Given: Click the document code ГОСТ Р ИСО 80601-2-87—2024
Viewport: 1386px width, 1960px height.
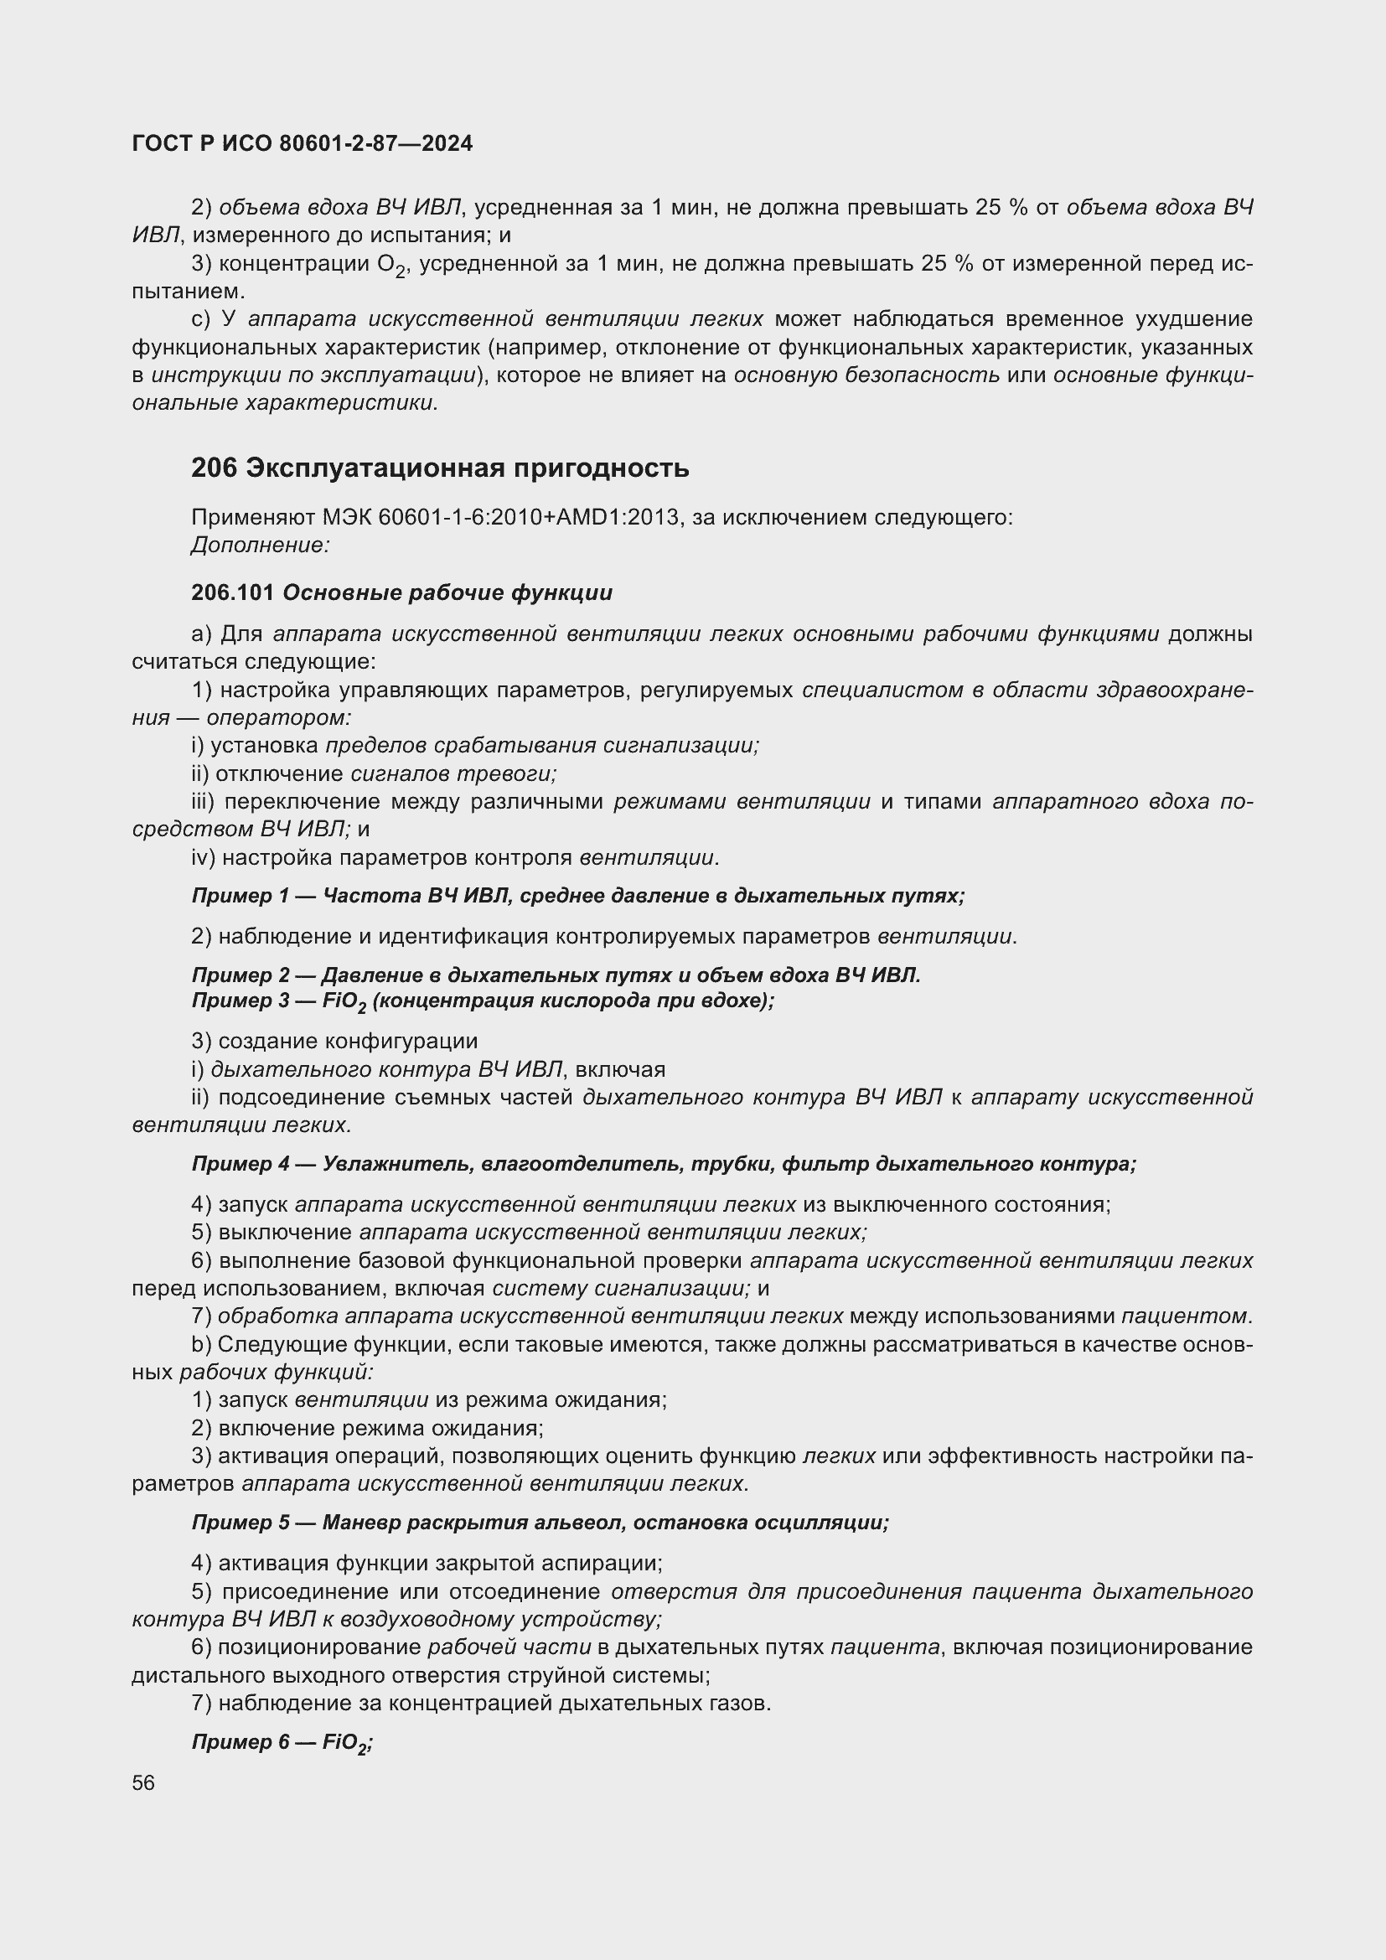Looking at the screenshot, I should [303, 143].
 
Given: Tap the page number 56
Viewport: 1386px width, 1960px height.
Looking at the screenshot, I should [143, 1782].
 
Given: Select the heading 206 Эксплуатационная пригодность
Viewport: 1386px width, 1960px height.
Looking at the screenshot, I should [440, 468].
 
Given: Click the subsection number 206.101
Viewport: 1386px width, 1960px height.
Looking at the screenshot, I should [232, 592].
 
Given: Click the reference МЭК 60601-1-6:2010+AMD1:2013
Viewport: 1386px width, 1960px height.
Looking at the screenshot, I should [501, 517].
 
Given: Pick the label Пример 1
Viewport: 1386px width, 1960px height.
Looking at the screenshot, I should [240, 896].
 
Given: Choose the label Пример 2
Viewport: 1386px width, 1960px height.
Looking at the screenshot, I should [240, 975].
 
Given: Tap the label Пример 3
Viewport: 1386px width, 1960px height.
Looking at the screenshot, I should [240, 1001].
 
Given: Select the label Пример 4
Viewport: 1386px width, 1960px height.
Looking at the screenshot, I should [240, 1164].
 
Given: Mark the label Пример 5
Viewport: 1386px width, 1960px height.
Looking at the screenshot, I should [240, 1522].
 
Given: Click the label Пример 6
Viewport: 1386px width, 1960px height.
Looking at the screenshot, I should [240, 1741].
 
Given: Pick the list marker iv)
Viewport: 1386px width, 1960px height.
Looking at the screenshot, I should [203, 857].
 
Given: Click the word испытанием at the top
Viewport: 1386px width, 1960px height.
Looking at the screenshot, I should [188, 291].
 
